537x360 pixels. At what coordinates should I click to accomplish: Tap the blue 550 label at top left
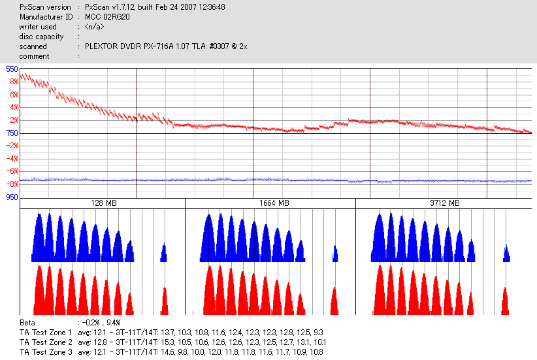11,69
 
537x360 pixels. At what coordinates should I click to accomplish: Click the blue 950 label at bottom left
11,197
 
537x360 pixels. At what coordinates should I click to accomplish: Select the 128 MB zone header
103,204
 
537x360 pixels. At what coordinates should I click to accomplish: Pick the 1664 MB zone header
270,204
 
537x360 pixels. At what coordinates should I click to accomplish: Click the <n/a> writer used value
94,27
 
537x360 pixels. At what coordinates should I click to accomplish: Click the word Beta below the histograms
28,322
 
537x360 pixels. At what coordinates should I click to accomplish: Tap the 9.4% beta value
112,322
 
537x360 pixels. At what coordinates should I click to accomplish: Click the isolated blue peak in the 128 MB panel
163,252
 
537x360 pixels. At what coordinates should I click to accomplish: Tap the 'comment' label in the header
35,56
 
